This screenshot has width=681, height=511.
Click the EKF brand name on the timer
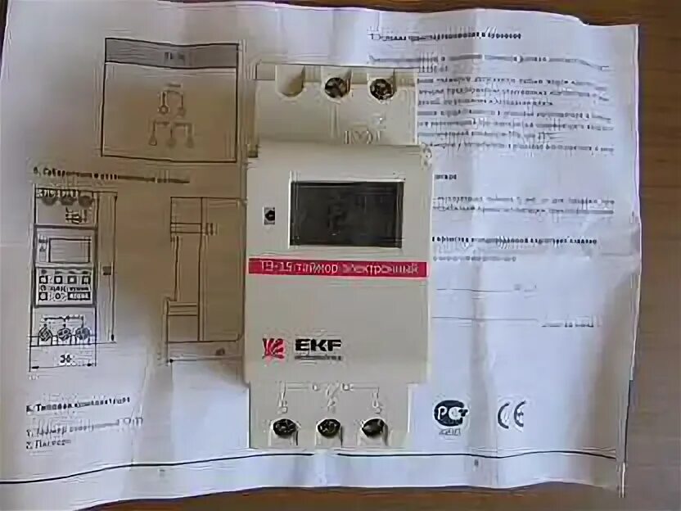click(x=315, y=346)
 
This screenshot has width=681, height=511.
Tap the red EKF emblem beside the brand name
click(x=274, y=348)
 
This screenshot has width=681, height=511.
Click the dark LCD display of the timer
click(x=346, y=214)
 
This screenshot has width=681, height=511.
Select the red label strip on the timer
click(x=337, y=269)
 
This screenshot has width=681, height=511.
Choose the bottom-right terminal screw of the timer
click(x=373, y=427)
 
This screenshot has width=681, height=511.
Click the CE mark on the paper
click(x=511, y=415)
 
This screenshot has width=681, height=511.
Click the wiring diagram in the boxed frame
click(x=170, y=120)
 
